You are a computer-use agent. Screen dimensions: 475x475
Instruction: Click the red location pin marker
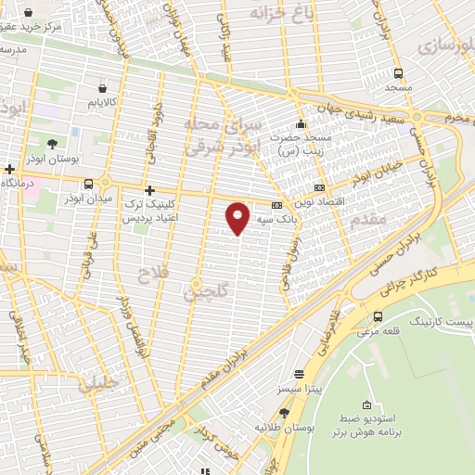(238, 216)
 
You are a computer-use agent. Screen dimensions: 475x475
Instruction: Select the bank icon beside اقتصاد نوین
(320, 187)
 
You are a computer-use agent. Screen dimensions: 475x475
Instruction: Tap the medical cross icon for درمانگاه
(9, 170)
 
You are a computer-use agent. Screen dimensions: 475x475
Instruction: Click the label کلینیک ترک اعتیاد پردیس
(148, 209)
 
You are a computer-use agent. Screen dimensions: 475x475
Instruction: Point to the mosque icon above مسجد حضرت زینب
(300, 124)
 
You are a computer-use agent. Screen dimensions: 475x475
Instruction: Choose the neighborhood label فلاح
(149, 276)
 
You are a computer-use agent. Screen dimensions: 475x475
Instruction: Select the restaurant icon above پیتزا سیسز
(297, 374)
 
